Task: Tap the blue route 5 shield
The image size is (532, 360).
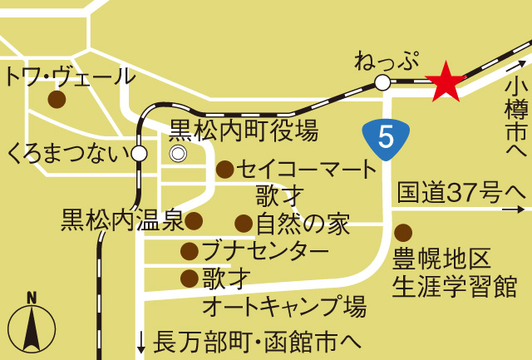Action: coord(387,136)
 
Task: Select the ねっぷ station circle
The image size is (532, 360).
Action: coord(382,82)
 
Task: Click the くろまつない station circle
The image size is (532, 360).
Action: coord(139,153)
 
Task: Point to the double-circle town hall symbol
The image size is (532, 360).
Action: coord(178,154)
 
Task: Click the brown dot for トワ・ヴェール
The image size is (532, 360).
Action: coord(57,100)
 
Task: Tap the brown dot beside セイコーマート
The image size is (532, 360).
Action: coord(224,170)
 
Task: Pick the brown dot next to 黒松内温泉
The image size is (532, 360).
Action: coord(194,220)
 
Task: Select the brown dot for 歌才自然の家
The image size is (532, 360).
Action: coord(243,223)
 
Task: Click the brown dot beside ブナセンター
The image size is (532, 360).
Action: coord(190,249)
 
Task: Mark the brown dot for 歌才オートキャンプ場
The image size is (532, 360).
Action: coord(190,277)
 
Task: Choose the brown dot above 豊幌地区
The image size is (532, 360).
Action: coord(403,232)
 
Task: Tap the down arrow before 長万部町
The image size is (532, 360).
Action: coord(141,340)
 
